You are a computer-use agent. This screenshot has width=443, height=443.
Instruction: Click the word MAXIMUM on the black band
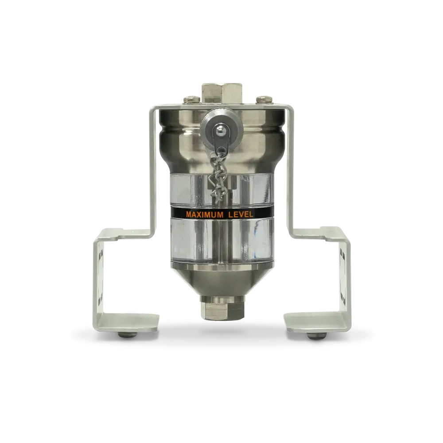[205, 215]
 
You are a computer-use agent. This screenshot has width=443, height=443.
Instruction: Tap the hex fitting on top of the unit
[222, 93]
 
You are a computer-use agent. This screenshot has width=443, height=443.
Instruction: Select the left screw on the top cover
[192, 99]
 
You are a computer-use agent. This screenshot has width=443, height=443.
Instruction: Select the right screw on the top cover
[264, 99]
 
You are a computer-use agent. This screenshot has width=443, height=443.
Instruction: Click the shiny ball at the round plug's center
[220, 129]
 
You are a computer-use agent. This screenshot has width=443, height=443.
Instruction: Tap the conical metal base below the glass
[222, 280]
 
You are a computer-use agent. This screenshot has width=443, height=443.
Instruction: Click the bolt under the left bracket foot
[127, 335]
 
